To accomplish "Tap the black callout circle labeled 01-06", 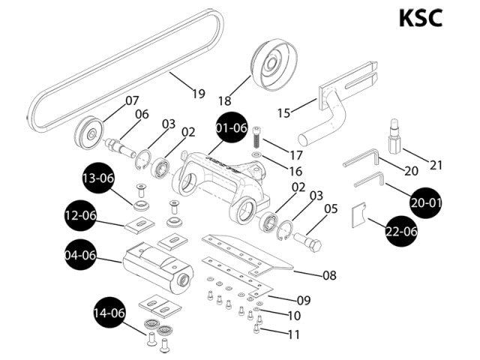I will [x=232, y=128].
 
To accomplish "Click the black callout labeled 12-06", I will [x=80, y=216].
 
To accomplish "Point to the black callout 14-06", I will [x=109, y=313].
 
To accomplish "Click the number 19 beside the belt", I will [x=198, y=94].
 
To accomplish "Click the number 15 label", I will [x=283, y=112].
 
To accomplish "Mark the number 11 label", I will [x=293, y=334].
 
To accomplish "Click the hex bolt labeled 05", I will [x=310, y=241].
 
